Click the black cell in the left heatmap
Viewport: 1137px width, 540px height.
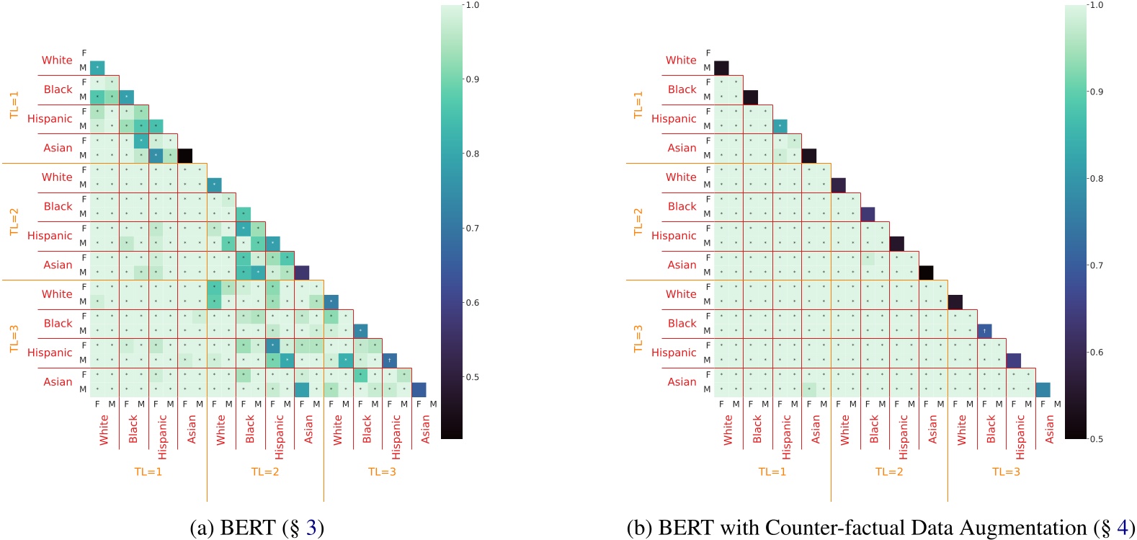pyautogui.click(x=184, y=155)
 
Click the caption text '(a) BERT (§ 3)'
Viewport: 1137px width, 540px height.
pyautogui.click(x=257, y=528)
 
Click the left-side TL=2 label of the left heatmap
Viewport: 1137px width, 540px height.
pyautogui.click(x=14, y=221)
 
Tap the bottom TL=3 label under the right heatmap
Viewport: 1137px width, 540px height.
pyautogui.click(x=1006, y=472)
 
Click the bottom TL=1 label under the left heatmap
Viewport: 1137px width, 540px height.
pyautogui.click(x=148, y=472)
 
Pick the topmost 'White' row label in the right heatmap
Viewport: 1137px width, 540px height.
pyautogui.click(x=681, y=60)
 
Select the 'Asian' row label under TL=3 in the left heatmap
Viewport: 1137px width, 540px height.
pyautogui.click(x=58, y=381)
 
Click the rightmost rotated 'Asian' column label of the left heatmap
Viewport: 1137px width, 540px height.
pyautogui.click(x=425, y=429)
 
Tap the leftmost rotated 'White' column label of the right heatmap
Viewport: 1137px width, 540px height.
pyautogui.click(x=728, y=429)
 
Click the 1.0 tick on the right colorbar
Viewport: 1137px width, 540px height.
pyautogui.click(x=1096, y=5)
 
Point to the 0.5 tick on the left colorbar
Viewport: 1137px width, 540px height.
pyautogui.click(x=472, y=377)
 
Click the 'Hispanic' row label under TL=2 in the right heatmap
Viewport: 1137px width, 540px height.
pyautogui.click(x=674, y=235)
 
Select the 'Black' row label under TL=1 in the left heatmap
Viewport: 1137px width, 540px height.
pyautogui.click(x=58, y=89)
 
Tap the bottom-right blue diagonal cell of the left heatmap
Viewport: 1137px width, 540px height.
pyautogui.click(x=419, y=389)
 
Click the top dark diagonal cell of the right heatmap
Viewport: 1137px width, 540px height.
pyautogui.click(x=721, y=68)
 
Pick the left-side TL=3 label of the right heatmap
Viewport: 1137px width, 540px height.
pyautogui.click(x=638, y=338)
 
